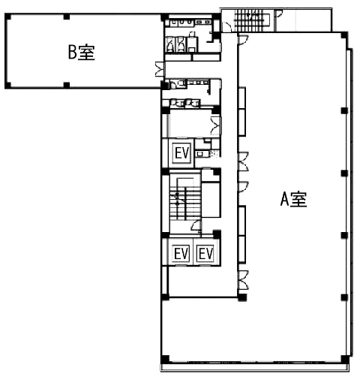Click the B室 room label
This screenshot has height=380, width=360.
click(x=82, y=52)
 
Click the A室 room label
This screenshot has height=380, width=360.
click(x=293, y=199)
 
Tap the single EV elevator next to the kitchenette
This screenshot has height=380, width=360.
click(x=181, y=152)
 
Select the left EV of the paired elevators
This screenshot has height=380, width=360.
click(x=181, y=254)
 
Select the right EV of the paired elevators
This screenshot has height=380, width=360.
click(x=205, y=254)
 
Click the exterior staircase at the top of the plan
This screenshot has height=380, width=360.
click(x=252, y=20)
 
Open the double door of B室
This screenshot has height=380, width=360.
click(x=160, y=68)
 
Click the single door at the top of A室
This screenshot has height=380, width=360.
click(x=243, y=40)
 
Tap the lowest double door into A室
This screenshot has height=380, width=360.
click(x=244, y=280)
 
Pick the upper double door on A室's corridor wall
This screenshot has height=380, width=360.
click(x=244, y=161)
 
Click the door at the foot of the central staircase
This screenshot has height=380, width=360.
click(x=196, y=225)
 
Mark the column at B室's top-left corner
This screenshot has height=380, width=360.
click(x=8, y=17)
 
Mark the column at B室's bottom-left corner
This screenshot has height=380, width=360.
click(x=8, y=85)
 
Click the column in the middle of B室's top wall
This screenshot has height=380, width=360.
click(x=67, y=17)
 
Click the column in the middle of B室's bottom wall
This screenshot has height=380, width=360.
click(x=67, y=85)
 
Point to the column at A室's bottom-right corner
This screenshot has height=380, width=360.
click(x=344, y=360)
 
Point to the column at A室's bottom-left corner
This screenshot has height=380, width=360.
click(x=165, y=360)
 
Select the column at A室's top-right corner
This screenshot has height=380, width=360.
click(x=344, y=35)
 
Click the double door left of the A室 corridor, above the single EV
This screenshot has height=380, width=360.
click(x=216, y=126)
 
